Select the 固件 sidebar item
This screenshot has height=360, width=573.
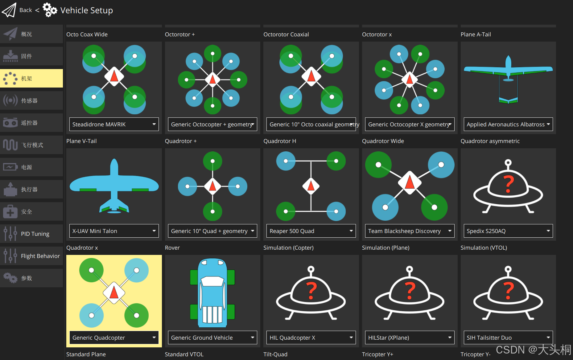pyautogui.click(x=31, y=56)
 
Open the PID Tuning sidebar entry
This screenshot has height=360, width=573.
pyautogui.click(x=31, y=234)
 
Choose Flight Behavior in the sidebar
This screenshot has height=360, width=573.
pyautogui.click(x=31, y=256)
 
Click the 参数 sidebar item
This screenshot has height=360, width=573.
pyautogui.click(x=31, y=278)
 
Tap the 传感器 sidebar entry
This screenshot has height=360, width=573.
pyautogui.click(x=31, y=101)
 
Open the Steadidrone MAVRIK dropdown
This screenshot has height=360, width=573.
pyautogui.click(x=114, y=124)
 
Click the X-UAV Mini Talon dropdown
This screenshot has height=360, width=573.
pyautogui.click(x=114, y=231)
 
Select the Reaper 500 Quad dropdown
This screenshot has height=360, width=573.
pyautogui.click(x=311, y=231)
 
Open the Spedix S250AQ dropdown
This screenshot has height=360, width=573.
pyautogui.click(x=508, y=231)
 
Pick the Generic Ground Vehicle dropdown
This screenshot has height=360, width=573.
pyautogui.click(x=212, y=337)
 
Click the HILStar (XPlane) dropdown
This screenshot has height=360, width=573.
pyautogui.click(x=410, y=337)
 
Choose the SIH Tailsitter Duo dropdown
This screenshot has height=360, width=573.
pyautogui.click(x=508, y=337)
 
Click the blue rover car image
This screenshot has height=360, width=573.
pyautogui.click(x=212, y=293)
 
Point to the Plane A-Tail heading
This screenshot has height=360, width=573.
pyautogui.click(x=476, y=35)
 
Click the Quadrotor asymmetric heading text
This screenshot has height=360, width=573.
pyautogui.click(x=490, y=141)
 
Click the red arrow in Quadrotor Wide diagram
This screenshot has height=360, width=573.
pyautogui.click(x=410, y=182)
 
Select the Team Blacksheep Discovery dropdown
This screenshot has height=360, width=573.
pyautogui.click(x=410, y=231)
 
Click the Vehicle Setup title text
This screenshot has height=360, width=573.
pyautogui.click(x=86, y=10)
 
